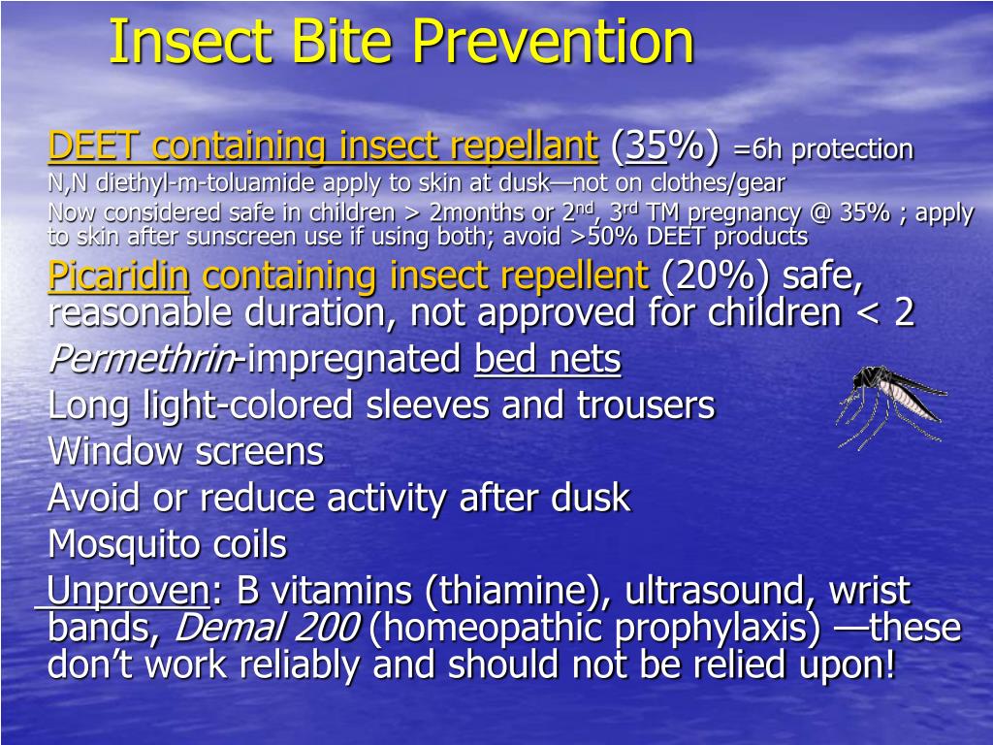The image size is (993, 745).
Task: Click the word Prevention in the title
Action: tap(552, 42)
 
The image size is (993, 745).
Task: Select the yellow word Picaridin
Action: tap(119, 277)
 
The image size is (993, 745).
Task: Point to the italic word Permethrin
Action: tap(141, 360)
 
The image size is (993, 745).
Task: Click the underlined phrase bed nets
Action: tap(547, 360)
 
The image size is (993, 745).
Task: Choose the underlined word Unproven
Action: tap(128, 590)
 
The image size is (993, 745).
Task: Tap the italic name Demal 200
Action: tap(267, 629)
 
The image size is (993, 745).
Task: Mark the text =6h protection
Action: tap(823, 149)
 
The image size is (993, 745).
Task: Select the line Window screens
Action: tap(185, 451)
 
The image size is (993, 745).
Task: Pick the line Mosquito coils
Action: tap(167, 544)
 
